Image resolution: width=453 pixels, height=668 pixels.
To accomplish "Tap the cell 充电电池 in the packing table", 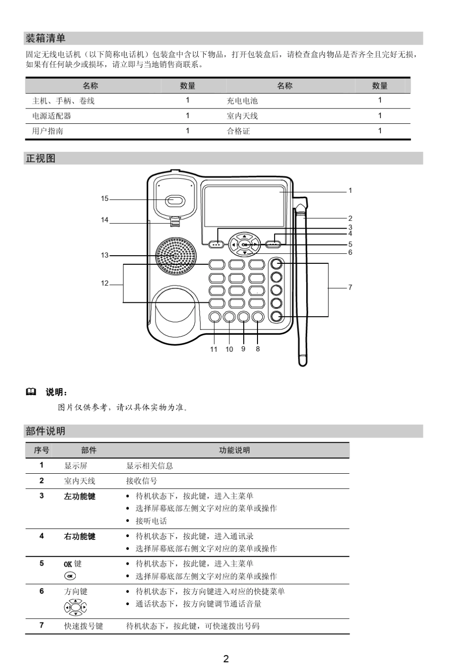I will click(x=242, y=101).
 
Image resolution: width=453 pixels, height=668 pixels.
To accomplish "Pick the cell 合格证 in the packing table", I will click(x=238, y=131).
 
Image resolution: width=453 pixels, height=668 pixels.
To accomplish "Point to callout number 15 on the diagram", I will click(x=105, y=199).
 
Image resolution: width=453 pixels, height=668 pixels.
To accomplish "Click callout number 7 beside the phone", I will click(x=350, y=287).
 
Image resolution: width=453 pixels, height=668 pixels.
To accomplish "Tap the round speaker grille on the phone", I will click(x=176, y=257).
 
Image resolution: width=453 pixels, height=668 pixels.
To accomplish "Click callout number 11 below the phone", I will click(x=214, y=349).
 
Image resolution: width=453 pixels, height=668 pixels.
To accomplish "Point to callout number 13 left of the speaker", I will click(x=105, y=256).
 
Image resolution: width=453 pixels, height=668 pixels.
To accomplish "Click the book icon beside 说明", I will click(x=31, y=392).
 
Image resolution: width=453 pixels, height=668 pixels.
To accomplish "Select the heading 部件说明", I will click(x=45, y=431).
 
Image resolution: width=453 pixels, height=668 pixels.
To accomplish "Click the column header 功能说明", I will click(x=234, y=450).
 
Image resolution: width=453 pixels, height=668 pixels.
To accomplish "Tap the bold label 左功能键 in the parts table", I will click(x=80, y=497).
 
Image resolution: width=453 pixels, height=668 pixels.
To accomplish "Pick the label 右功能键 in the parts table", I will click(x=80, y=537).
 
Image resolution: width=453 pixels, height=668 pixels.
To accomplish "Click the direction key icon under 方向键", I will click(x=75, y=607).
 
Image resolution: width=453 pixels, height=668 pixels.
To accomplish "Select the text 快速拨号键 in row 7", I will click(x=83, y=626).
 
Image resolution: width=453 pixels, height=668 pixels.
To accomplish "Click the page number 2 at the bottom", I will click(x=226, y=659).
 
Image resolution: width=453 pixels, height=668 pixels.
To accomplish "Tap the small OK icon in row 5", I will click(x=70, y=576).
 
